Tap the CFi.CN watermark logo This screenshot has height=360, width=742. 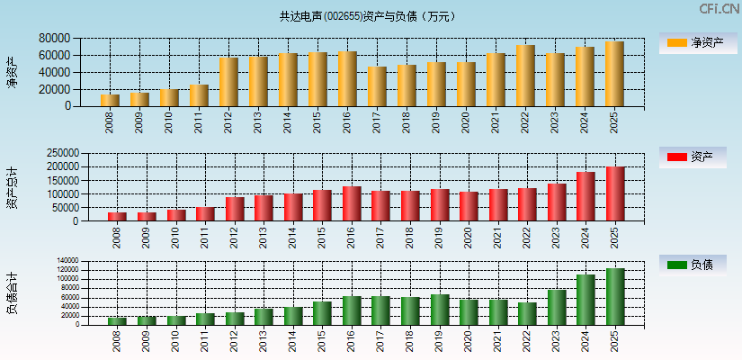pyautogui.click(x=719, y=9)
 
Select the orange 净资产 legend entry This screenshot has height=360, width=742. pyautogui.click(x=698, y=42)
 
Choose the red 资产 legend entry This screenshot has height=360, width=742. pyautogui.click(x=698, y=157)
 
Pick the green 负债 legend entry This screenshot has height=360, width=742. pyautogui.click(x=698, y=265)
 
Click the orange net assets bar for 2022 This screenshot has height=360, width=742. pyautogui.click(x=525, y=76)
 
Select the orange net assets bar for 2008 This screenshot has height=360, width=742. pyautogui.click(x=110, y=101)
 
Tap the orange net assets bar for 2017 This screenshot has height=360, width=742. pyautogui.click(x=377, y=86)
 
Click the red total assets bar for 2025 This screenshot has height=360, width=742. pyautogui.click(x=615, y=194)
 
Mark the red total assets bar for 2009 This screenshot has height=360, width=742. pyautogui.click(x=147, y=217)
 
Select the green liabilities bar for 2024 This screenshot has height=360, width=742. pyautogui.click(x=586, y=300)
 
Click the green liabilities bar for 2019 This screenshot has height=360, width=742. pyautogui.click(x=440, y=310)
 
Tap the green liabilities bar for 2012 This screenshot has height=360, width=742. pyautogui.click(x=235, y=319)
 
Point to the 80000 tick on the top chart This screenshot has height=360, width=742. pyautogui.click(x=55, y=39)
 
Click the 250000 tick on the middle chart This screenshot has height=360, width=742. pyautogui.click(x=51, y=154)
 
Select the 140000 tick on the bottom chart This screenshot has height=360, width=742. pyautogui.click(x=67, y=261)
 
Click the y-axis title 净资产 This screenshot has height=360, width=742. pyautogui.click(x=12, y=72)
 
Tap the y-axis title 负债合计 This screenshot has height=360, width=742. pyautogui.click(x=12, y=292)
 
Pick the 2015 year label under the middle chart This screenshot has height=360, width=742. pyautogui.click(x=322, y=238)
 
